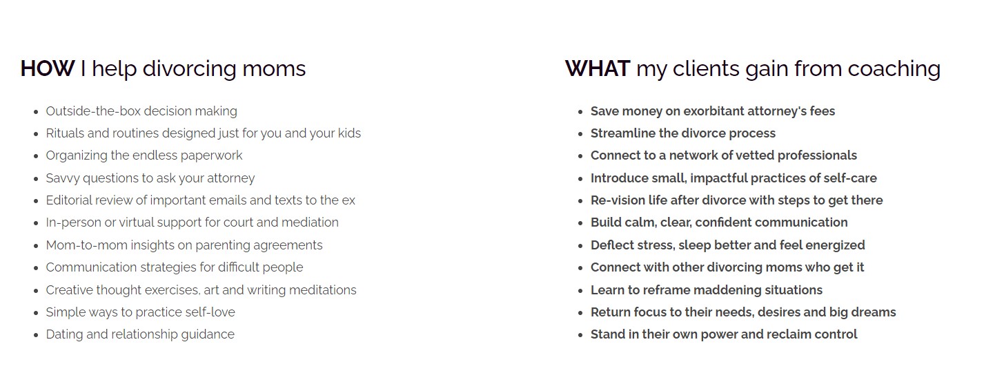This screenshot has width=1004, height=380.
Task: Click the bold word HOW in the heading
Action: [x=48, y=68]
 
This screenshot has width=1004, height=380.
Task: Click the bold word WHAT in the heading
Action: [x=598, y=68]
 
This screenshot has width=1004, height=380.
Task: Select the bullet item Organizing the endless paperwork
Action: [x=144, y=155]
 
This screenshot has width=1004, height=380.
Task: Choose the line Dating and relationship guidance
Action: [x=140, y=334]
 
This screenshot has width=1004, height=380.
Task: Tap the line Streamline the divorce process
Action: [x=682, y=133]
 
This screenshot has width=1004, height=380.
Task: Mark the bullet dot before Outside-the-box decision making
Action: [x=37, y=112]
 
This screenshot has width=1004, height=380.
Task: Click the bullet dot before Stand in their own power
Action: [x=581, y=335]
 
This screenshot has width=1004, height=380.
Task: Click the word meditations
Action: [x=323, y=290]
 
